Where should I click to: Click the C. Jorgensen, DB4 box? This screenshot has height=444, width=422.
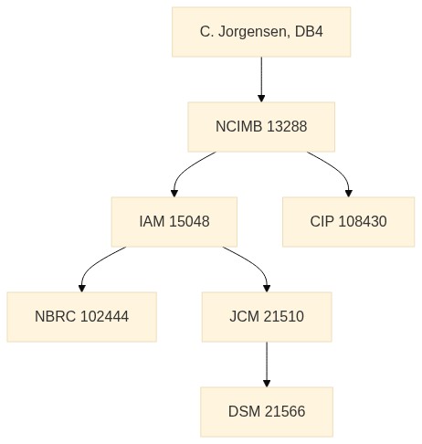pyautogui.click(x=261, y=32)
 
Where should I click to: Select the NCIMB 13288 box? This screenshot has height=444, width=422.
pyautogui.click(x=261, y=127)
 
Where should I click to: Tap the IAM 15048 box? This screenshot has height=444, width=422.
pyautogui.click(x=174, y=222)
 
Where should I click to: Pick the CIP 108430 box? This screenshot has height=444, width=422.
pyautogui.click(x=349, y=222)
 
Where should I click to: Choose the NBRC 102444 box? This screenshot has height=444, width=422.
pyautogui.click(x=82, y=317)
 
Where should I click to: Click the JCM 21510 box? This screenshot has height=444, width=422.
pyautogui.click(x=267, y=317)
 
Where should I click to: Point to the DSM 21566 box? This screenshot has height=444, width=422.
pyautogui.click(x=267, y=412)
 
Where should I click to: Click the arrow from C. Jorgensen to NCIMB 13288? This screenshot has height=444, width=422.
pyautogui.click(x=261, y=79)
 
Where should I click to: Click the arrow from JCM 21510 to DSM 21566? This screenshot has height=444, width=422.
pyautogui.click(x=267, y=365)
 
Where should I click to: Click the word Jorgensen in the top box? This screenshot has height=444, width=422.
pyautogui.click(x=252, y=32)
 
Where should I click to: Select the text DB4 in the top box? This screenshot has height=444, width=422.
pyautogui.click(x=309, y=32)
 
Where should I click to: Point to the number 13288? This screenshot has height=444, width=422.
pyautogui.click(x=287, y=126)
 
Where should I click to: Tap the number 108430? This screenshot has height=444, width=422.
pyautogui.click(x=363, y=221)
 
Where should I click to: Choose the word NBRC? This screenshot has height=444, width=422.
pyautogui.click(x=55, y=316)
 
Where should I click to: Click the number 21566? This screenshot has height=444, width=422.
pyautogui.click(x=285, y=411)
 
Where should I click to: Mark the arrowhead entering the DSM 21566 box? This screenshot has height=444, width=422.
pyautogui.click(x=267, y=384)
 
